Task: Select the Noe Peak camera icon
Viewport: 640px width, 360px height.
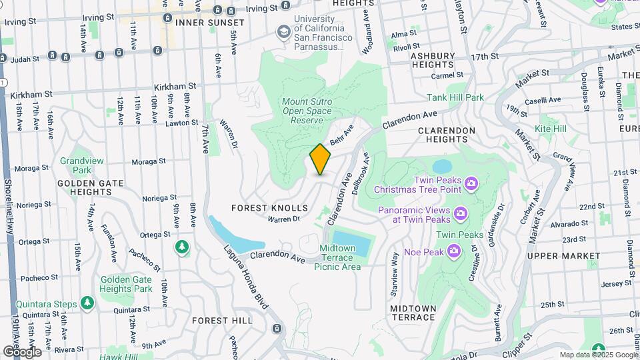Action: (x=454, y=251)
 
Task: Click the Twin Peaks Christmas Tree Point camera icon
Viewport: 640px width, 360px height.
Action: (x=471, y=183)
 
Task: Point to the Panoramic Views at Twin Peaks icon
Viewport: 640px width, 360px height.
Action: (x=460, y=213)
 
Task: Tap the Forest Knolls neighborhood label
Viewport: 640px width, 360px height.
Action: (x=269, y=208)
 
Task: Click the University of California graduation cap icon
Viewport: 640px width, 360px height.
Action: (x=284, y=31)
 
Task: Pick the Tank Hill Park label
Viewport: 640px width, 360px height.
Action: (x=474, y=97)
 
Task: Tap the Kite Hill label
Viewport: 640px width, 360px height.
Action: (x=550, y=129)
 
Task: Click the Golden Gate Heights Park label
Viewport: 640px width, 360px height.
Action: (x=125, y=284)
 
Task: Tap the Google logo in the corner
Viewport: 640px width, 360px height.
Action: (x=21, y=351)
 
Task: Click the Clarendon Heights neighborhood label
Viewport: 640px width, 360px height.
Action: (x=446, y=135)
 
